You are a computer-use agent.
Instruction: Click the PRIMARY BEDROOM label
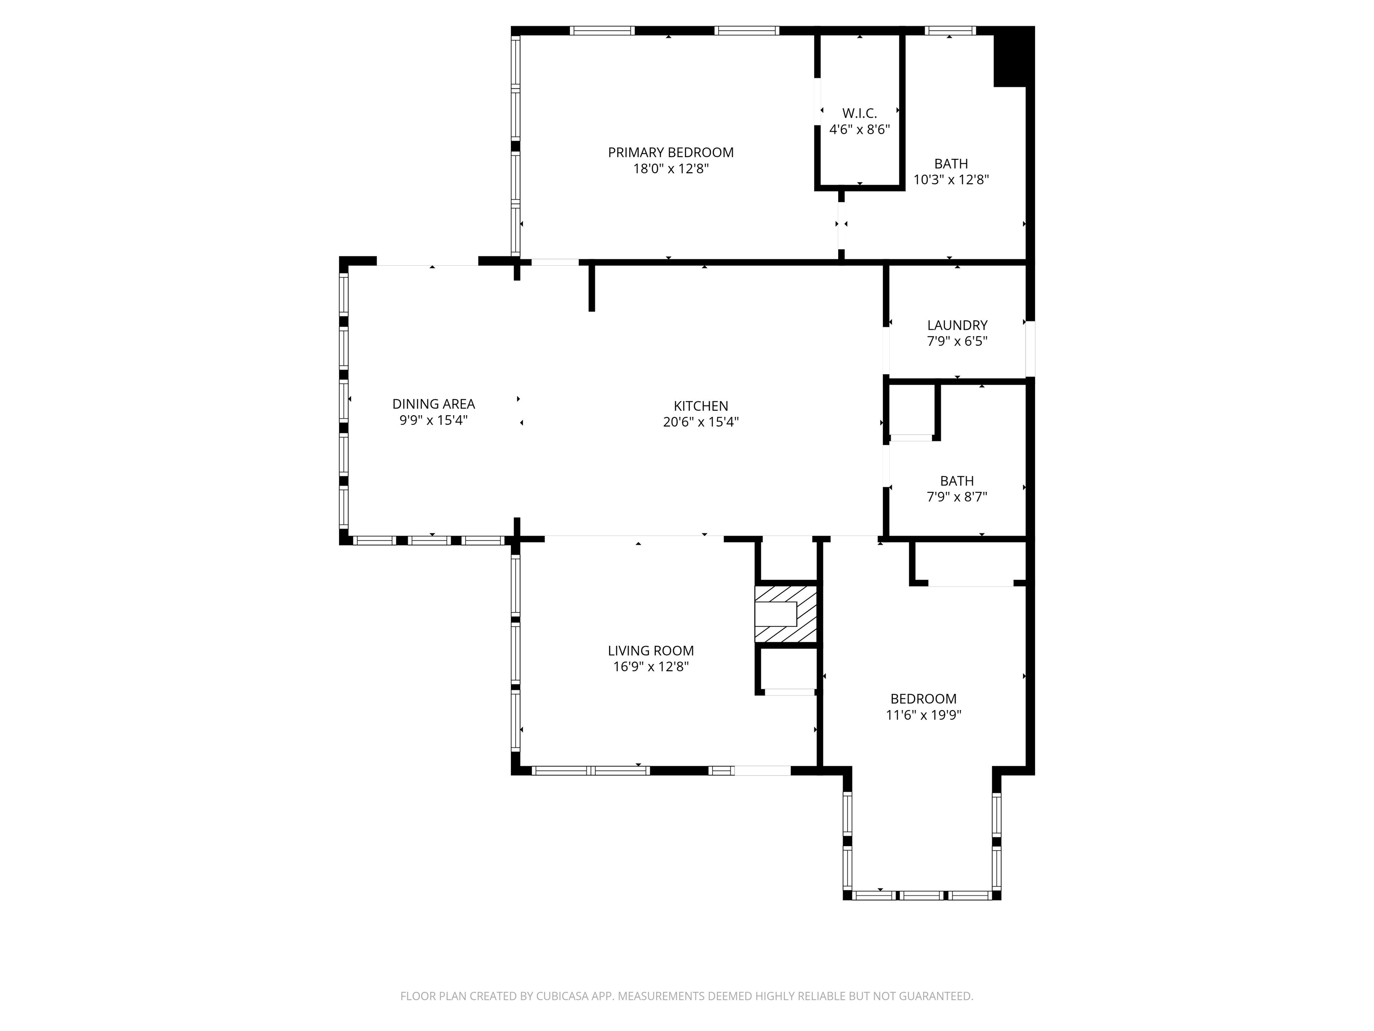pyautogui.click(x=670, y=152)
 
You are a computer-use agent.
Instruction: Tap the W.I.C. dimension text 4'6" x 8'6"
pyautogui.click(x=860, y=130)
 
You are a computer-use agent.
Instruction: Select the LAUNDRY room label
pyautogui.click(x=957, y=325)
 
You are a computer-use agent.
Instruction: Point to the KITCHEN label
pyautogui.click(x=701, y=406)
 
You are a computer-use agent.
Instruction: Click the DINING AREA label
pyautogui.click(x=433, y=404)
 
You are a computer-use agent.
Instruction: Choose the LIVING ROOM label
pyautogui.click(x=650, y=651)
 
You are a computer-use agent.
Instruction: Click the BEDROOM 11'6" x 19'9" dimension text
pyautogui.click(x=923, y=715)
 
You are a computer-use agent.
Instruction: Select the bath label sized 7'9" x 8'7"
pyautogui.click(x=957, y=481)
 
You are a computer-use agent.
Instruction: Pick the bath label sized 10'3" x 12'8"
pyautogui.click(x=951, y=163)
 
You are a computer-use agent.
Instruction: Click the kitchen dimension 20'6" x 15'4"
pyautogui.click(x=701, y=422)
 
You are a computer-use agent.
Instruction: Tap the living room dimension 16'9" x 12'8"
pyautogui.click(x=650, y=667)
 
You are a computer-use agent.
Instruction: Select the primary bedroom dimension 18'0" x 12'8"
pyautogui.click(x=670, y=168)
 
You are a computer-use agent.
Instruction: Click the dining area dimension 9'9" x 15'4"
pyautogui.click(x=433, y=420)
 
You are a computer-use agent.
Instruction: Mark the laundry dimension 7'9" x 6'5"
pyautogui.click(x=957, y=341)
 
